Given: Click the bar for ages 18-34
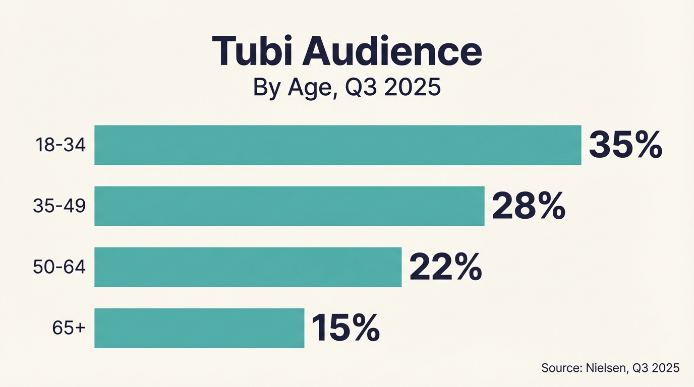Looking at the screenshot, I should [x=337, y=145].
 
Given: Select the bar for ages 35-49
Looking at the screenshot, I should [x=289, y=206].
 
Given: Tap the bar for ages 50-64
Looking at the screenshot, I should [x=248, y=267].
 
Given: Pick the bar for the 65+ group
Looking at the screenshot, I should [x=199, y=328].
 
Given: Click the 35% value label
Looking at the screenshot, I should [x=625, y=145].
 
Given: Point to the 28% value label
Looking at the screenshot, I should [x=529, y=206].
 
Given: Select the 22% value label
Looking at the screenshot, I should [x=445, y=268].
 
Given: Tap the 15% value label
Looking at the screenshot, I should [x=345, y=328].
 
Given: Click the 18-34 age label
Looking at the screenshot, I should [x=61, y=145].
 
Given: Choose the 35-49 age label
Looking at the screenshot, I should [x=59, y=206].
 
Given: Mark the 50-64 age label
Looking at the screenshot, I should [x=59, y=267].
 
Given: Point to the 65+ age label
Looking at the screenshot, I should [x=69, y=328].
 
